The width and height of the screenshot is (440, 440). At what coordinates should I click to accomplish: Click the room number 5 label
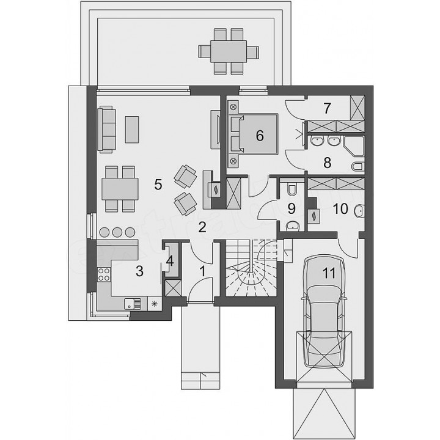point(158,185)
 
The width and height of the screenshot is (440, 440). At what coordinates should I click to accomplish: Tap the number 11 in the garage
point(329,273)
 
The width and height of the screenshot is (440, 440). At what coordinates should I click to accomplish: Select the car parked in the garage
point(324,312)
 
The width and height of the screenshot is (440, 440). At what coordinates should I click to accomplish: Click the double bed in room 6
point(254,134)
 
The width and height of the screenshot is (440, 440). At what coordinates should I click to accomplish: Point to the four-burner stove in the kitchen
point(103,274)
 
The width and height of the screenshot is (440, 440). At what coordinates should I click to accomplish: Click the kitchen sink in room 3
point(133,304)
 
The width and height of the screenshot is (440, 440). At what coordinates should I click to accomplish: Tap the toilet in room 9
point(292,189)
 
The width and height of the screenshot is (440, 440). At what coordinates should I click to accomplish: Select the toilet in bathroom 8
point(358,167)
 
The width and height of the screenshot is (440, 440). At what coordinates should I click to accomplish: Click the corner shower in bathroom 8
point(353,146)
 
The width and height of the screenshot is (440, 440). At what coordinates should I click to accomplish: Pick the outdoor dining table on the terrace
point(229,51)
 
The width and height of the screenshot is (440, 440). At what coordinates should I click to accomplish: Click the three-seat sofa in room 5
point(106,130)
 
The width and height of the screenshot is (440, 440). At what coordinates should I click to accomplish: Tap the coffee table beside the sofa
point(132,130)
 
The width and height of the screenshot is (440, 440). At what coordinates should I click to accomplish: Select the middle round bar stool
point(117,232)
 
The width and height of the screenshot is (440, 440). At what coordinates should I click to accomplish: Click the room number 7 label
point(327,109)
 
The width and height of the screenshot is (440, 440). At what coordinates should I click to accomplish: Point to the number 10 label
point(340,208)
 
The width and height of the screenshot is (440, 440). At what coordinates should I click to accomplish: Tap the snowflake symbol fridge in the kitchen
point(154,303)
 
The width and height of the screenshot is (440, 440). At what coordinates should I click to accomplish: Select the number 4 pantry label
point(170,262)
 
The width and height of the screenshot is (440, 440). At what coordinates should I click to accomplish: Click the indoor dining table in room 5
point(120,189)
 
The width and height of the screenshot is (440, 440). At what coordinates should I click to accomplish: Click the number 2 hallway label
point(202,227)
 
